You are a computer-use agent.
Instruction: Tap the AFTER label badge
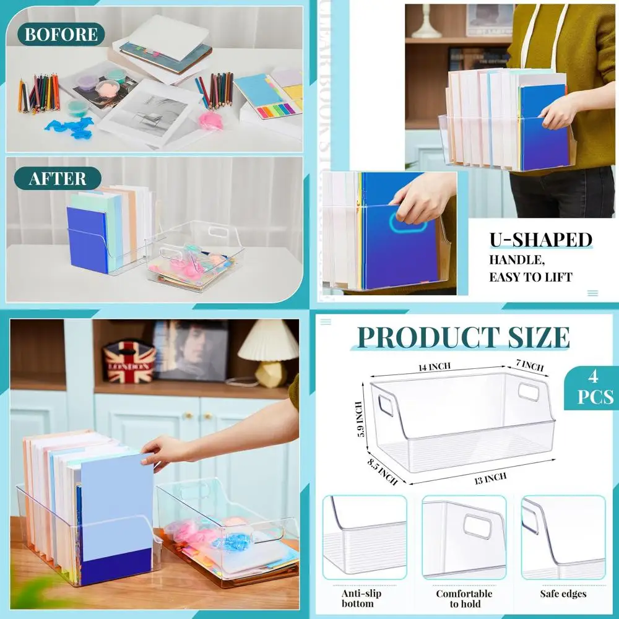point(57,179)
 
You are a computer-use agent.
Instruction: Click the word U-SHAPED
point(540,240)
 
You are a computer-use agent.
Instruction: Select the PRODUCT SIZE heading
point(464,337)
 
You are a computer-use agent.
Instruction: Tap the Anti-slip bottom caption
point(361,599)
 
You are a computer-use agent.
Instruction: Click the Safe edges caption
point(563,594)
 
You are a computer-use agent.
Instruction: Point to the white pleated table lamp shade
point(268,340)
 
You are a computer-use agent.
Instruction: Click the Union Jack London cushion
point(129,362)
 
